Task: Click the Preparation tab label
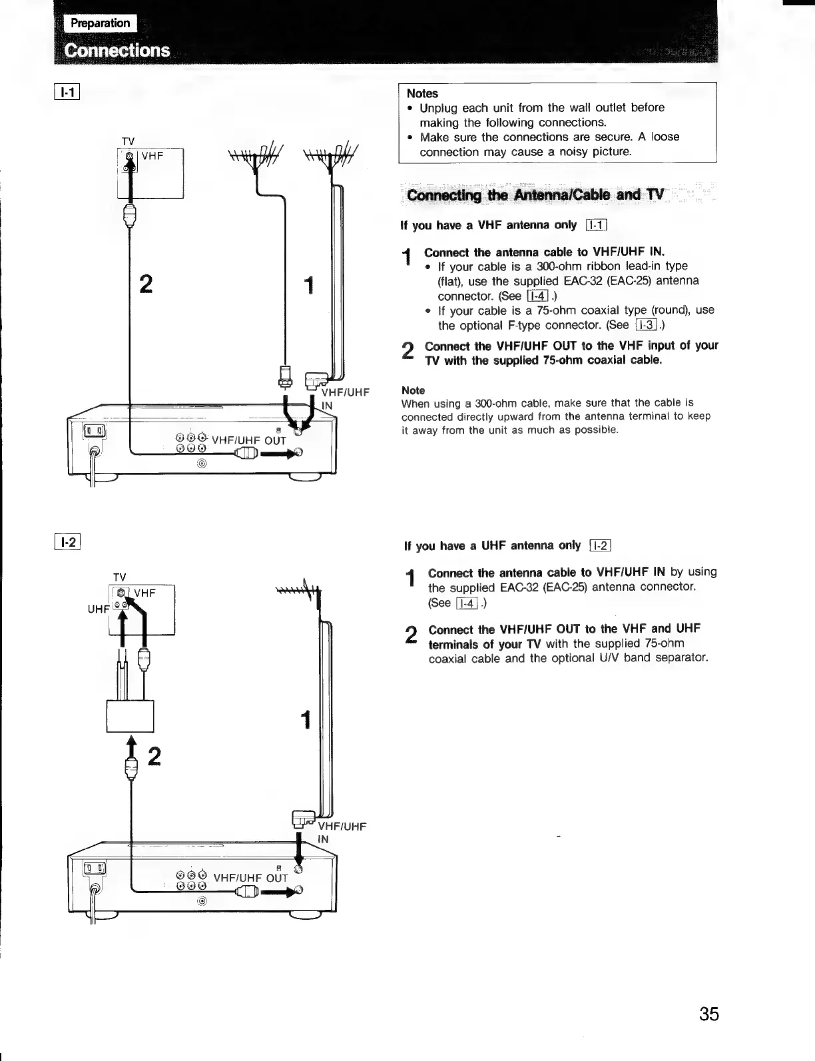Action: coord(101,23)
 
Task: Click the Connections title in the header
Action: coord(117,51)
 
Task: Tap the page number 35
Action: coord(709,1014)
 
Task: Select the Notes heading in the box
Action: coord(422,93)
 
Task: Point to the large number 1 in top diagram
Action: coord(308,286)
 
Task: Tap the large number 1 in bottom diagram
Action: coord(306,720)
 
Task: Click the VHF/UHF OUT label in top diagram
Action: coord(248,440)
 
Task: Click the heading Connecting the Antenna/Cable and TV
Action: coord(535,195)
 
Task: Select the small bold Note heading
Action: coord(413,390)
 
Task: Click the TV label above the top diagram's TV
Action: coord(129,141)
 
